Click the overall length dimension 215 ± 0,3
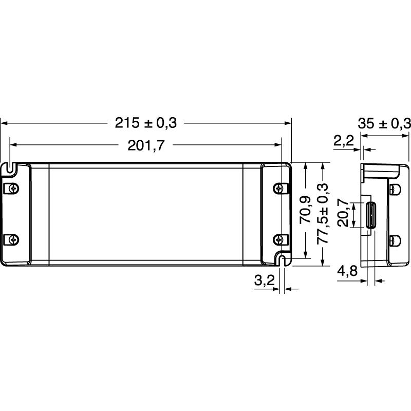click(145, 123)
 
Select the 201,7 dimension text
click(146, 146)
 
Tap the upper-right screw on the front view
click(278, 188)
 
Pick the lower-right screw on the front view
click(278, 239)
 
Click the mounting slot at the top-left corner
click(11, 166)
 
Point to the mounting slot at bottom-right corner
click(282, 260)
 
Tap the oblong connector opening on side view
click(370, 215)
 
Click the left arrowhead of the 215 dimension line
click(3, 123)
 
